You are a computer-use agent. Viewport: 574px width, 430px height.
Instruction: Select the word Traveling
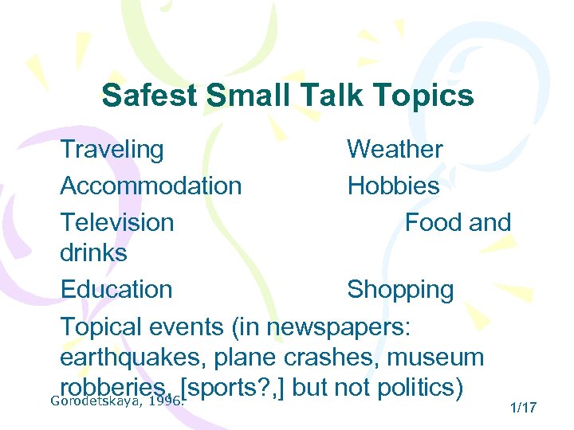tap(112, 149)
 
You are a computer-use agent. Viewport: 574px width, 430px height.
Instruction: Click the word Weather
tap(395, 149)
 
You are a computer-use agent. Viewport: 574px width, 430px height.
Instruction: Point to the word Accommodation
tap(151, 186)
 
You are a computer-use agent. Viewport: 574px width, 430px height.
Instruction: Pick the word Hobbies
tap(393, 186)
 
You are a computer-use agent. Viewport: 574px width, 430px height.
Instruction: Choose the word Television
tap(117, 222)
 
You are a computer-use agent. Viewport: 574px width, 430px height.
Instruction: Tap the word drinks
tap(93, 253)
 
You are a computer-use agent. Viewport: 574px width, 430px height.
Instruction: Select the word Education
tap(116, 289)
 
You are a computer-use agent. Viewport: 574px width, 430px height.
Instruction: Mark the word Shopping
tap(400, 290)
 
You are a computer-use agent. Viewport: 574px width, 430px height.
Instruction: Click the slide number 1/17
tap(523, 408)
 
